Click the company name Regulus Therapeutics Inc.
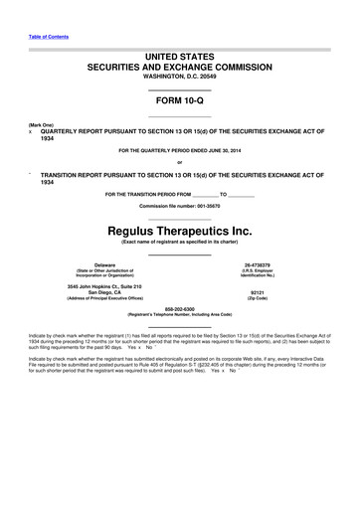(179, 231)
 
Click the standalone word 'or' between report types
(179, 163)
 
